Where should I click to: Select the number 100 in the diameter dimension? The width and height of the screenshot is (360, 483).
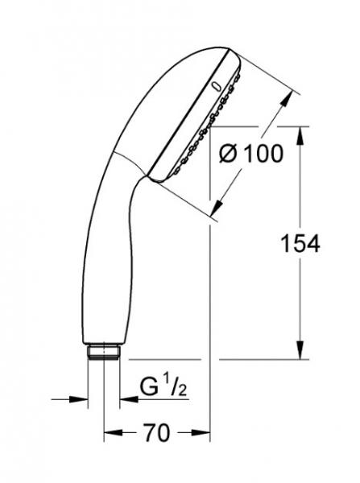click(x=263, y=153)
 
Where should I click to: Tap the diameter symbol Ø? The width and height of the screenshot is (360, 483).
click(x=229, y=153)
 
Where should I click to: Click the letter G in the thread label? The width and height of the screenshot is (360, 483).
click(x=148, y=387)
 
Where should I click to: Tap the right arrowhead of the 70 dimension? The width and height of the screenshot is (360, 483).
click(x=202, y=435)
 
